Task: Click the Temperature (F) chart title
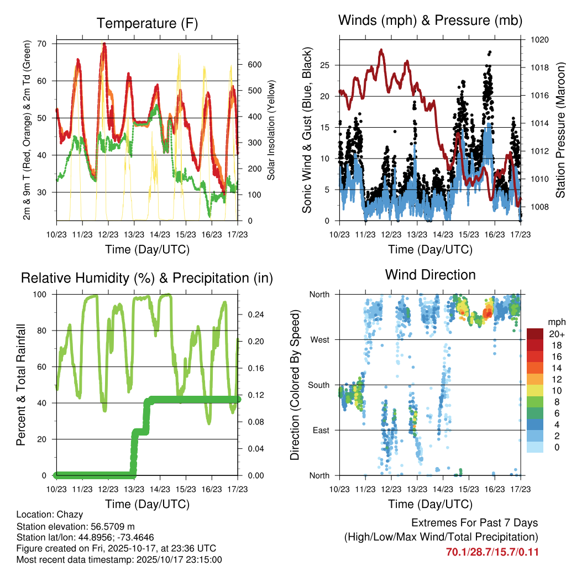[x=146, y=23]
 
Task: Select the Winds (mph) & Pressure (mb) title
[x=430, y=21]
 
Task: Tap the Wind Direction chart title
[x=430, y=274]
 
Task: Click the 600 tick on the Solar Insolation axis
[x=254, y=65]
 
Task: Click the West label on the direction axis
[x=319, y=340]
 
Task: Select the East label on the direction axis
[x=319, y=430]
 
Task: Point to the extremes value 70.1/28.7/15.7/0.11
[x=492, y=552]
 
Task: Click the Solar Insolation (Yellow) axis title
[x=271, y=130]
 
